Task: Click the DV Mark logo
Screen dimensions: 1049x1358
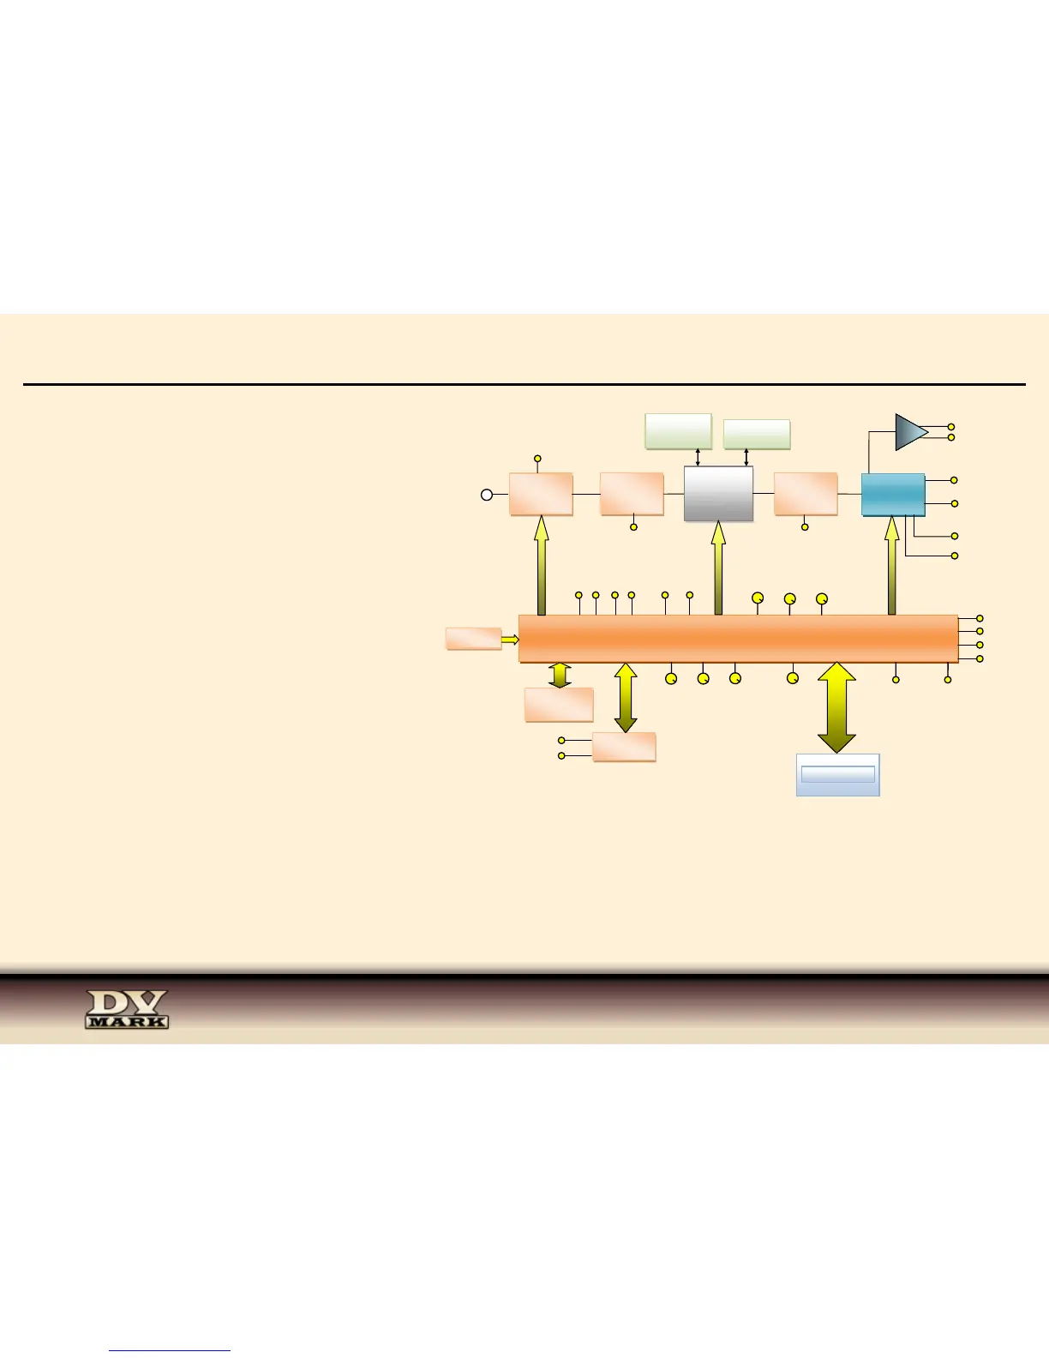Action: coord(127,1009)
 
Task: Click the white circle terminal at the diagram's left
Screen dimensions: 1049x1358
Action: coord(487,495)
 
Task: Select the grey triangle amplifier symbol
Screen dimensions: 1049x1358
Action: coord(910,432)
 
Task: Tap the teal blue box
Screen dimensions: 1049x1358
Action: coord(893,495)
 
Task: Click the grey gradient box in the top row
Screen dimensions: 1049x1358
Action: coord(718,494)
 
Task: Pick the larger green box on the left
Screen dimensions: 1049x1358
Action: coord(678,430)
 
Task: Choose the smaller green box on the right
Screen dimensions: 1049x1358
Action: coord(757,434)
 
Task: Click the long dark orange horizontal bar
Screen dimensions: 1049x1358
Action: coord(738,639)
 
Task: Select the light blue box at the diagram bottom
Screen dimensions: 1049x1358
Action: coord(837,775)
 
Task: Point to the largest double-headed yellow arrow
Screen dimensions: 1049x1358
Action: coord(836,708)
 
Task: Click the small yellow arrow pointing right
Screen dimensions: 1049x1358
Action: coord(510,639)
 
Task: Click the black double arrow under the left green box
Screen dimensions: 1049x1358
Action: coord(698,456)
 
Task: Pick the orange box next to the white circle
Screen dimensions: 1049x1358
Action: coord(541,494)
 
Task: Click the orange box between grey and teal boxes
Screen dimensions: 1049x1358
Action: coord(806,494)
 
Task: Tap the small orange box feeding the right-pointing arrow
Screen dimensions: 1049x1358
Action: coord(473,639)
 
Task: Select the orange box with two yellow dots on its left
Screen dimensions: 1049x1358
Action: coord(624,747)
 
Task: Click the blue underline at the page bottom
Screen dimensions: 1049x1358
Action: coord(170,1351)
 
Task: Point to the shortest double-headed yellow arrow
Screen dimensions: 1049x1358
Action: coord(560,675)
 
